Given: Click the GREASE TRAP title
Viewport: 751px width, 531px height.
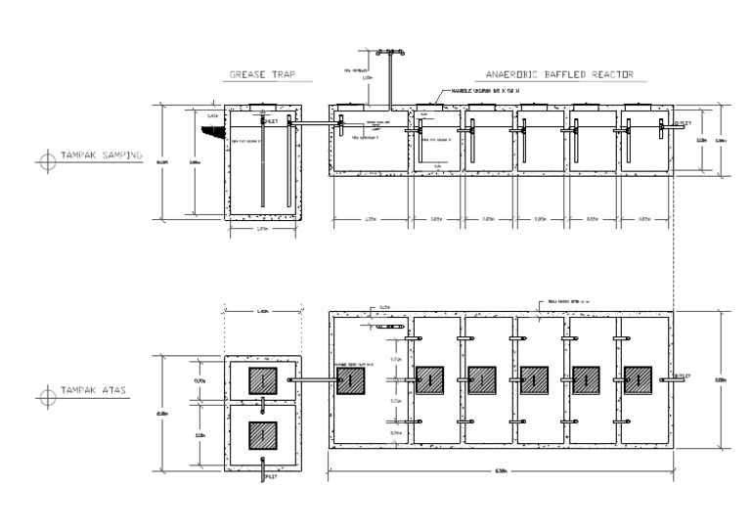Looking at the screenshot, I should (260, 74).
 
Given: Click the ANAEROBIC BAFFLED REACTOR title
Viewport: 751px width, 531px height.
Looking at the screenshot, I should (560, 74).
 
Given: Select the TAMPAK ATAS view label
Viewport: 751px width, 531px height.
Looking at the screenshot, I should (94, 396).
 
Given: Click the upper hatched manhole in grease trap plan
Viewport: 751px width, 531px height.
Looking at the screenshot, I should (263, 380).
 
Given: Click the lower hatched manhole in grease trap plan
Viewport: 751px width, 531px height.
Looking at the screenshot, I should (263, 435).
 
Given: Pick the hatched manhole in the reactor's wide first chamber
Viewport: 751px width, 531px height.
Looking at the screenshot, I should (351, 380).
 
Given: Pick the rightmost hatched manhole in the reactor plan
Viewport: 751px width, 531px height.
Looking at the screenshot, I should (638, 379).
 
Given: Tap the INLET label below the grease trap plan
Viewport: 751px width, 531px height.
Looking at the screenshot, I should (271, 478).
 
